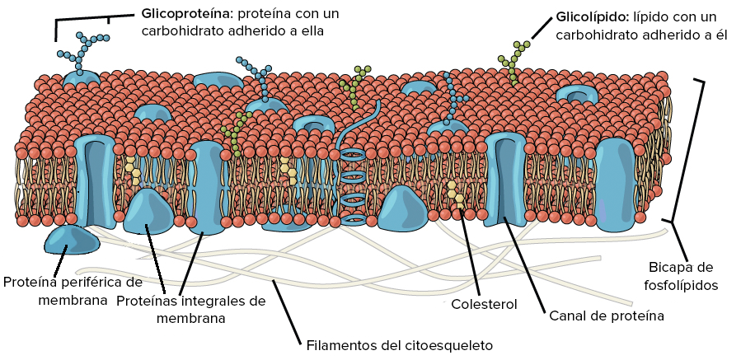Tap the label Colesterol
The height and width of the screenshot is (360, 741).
click(484, 304)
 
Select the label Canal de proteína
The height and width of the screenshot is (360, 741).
click(607, 316)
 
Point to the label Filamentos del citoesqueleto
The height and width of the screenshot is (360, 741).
click(399, 345)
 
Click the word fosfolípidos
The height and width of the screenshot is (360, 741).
click(681, 285)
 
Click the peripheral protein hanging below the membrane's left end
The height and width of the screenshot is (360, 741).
click(72, 241)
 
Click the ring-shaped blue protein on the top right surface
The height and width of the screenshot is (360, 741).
click(576, 95)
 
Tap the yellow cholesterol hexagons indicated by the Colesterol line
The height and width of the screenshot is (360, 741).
click(456, 194)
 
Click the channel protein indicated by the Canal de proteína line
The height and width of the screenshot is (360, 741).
click(504, 180)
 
